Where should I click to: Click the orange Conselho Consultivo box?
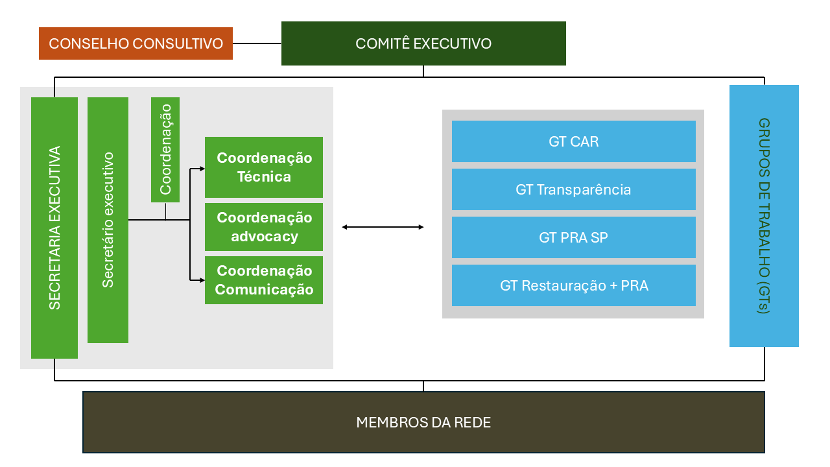pyautogui.click(x=136, y=43)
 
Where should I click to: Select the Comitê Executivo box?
pyautogui.click(x=423, y=43)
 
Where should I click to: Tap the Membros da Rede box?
pyautogui.click(x=423, y=422)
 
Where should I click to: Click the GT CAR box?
pyautogui.click(x=573, y=141)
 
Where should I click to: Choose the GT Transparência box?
pyautogui.click(x=573, y=189)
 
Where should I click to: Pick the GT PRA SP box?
pyautogui.click(x=573, y=237)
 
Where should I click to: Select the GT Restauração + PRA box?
pyautogui.click(x=573, y=285)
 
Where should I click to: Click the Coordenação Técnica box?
pyautogui.click(x=264, y=167)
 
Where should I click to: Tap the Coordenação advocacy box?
pyautogui.click(x=264, y=227)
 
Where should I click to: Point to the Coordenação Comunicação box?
pyautogui.click(x=264, y=280)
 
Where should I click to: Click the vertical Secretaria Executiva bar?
pyautogui.click(x=54, y=228)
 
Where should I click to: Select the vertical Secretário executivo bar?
pyautogui.click(x=108, y=220)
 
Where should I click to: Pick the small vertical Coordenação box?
pyautogui.click(x=165, y=150)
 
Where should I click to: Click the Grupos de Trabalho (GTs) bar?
pyautogui.click(x=764, y=216)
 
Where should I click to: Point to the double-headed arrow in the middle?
pyautogui.click(x=383, y=227)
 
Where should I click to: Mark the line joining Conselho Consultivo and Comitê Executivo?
pyautogui.click(x=257, y=43)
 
